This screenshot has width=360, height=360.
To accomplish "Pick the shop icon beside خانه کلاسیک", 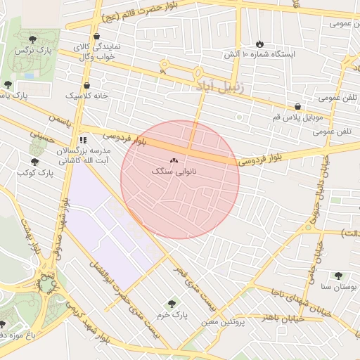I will pos(86,85).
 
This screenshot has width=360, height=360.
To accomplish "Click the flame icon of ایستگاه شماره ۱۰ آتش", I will pos(260,43).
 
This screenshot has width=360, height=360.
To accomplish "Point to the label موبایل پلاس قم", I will pos(297,118).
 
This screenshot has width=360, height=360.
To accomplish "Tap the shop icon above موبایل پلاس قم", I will pos(298,106).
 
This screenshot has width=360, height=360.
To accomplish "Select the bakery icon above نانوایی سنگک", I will pos(174,160).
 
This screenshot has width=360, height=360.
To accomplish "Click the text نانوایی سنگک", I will pos(174,172).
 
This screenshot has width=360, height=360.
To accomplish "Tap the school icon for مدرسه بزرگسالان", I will pos(83,140).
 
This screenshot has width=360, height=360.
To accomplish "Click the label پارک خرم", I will pos(174,316).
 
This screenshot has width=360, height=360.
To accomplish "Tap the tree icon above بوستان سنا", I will pos(339,276).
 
